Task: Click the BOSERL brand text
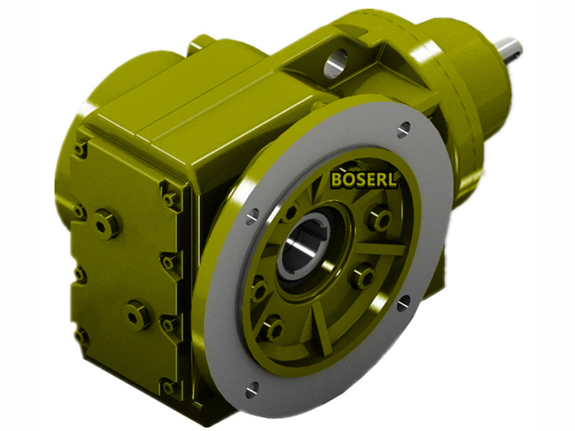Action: point(364,179)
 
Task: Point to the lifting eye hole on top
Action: point(335,63)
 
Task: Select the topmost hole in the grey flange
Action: point(404,129)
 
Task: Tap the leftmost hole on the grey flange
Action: point(253,216)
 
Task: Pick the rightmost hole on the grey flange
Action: point(405,300)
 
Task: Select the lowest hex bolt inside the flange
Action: point(271,329)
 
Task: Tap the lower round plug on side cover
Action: point(137,314)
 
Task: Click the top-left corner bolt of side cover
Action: point(80,148)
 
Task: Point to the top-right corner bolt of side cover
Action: point(171,196)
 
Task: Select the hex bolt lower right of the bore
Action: point(362,277)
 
